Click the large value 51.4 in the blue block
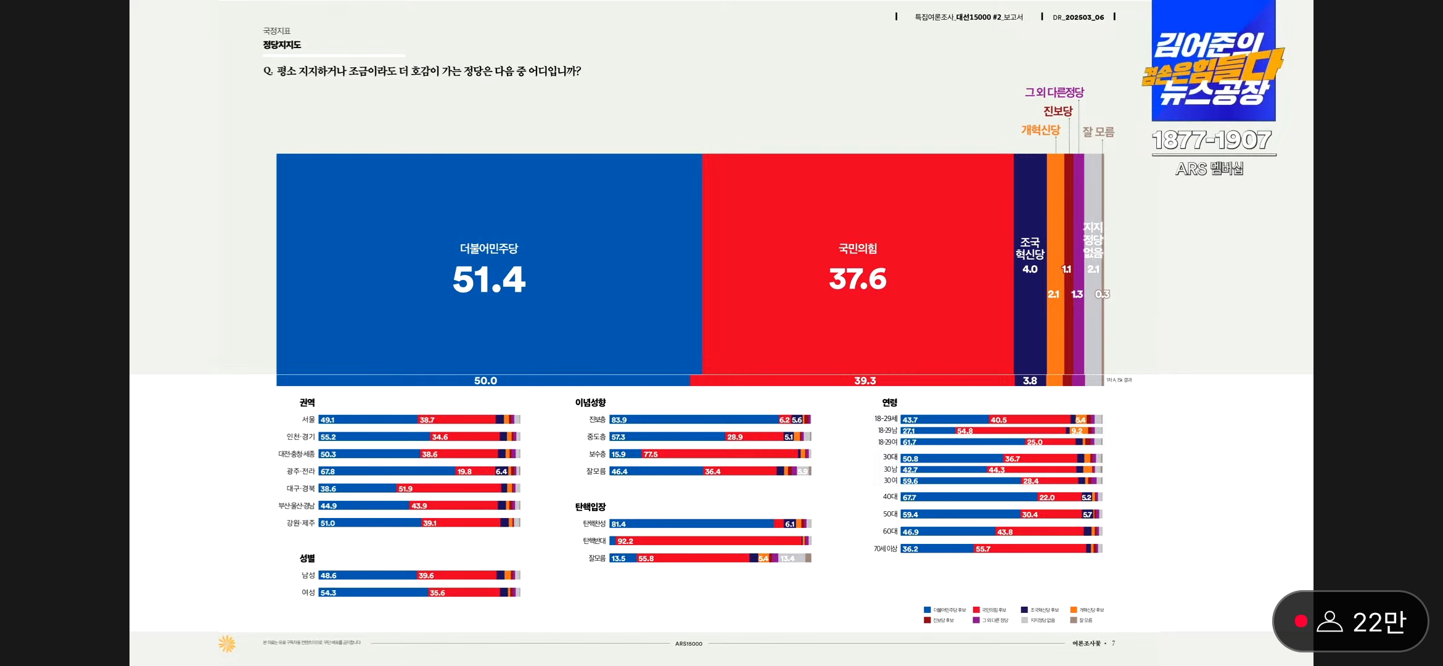point(489,279)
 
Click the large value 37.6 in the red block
point(858,279)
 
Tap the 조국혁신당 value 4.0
point(1030,269)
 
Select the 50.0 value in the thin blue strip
point(485,380)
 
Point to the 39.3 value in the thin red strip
point(865,380)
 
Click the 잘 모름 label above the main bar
point(1098,132)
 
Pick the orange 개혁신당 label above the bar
point(1040,130)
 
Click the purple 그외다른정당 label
point(1054,92)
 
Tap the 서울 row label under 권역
point(308,419)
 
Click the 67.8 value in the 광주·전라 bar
point(327,471)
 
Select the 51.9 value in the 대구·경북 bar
point(405,488)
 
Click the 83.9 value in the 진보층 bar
point(619,420)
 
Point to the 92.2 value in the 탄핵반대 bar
point(625,541)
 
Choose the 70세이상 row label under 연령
point(885,548)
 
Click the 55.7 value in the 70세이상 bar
point(983,549)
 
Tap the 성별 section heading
point(307,558)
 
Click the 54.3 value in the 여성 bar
point(328,593)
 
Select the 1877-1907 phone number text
point(1211,140)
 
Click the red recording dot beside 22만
point(1301,621)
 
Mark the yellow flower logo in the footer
point(227,643)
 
